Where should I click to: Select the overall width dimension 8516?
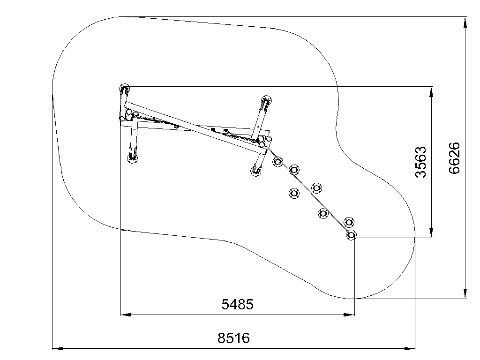tap(234, 338)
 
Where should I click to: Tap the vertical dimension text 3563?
tap(420, 162)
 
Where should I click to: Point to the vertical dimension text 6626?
tap(454, 158)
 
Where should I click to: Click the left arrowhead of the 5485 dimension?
tap(126, 315)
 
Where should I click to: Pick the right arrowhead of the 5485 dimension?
tap(349, 315)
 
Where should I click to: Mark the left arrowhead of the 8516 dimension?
tap(58, 348)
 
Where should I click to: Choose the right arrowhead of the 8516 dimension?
tap(410, 348)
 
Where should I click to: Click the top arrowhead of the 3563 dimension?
tap(431, 92)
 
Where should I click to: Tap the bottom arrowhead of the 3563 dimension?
tap(431, 232)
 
